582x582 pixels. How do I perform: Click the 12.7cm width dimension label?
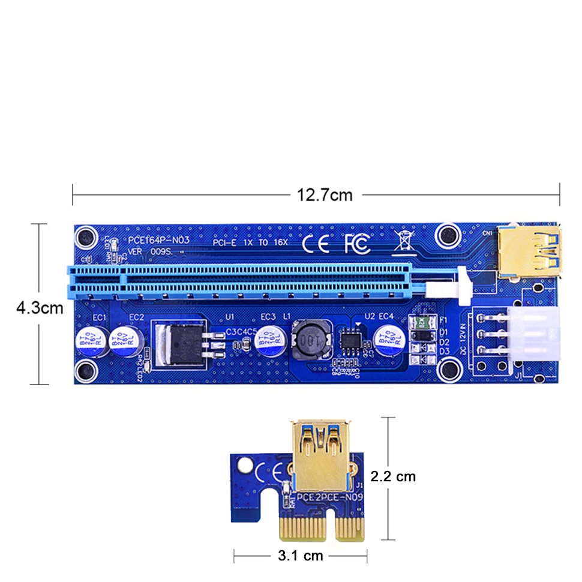(x=325, y=195)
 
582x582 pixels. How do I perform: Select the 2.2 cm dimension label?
(x=393, y=477)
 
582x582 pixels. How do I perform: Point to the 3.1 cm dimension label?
(x=301, y=556)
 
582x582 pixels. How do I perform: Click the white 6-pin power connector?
(x=531, y=334)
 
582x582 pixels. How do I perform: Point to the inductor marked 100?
(x=307, y=340)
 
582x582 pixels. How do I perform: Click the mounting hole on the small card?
(x=244, y=466)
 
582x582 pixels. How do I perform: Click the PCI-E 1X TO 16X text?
(x=251, y=242)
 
